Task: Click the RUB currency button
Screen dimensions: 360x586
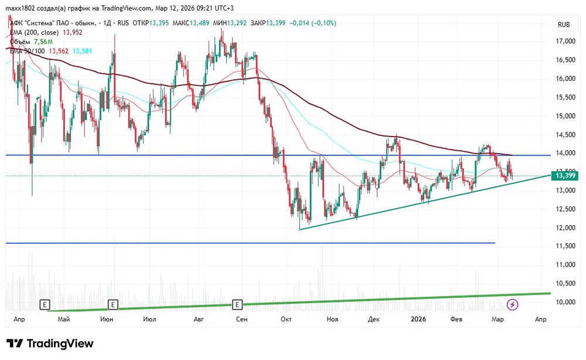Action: click(564, 24)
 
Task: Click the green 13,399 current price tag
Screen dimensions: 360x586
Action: click(565, 175)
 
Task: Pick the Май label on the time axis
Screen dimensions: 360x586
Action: click(64, 319)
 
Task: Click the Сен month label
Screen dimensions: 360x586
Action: click(241, 319)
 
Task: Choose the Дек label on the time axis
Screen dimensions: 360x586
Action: click(374, 319)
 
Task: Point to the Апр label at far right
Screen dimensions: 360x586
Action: click(540, 319)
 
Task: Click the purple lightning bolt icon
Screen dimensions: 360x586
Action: click(513, 304)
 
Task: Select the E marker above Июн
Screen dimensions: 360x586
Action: click(113, 304)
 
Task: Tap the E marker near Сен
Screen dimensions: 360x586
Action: click(237, 304)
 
